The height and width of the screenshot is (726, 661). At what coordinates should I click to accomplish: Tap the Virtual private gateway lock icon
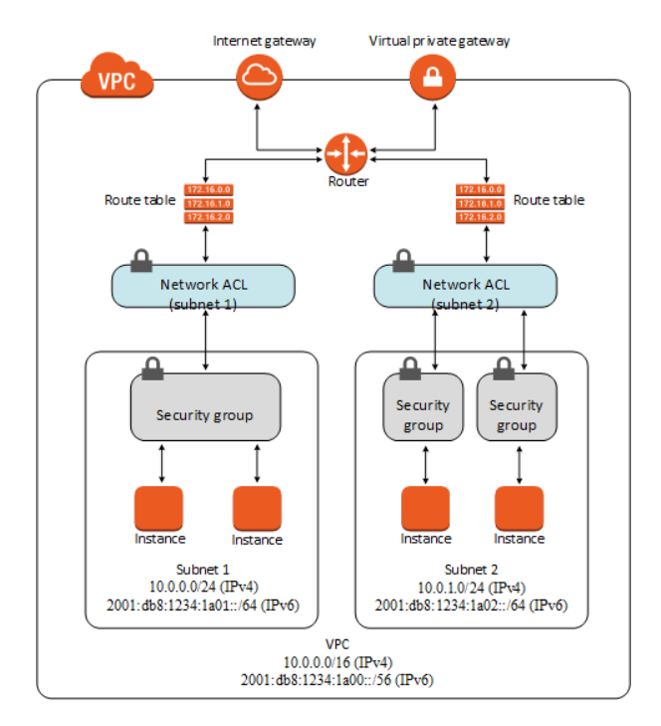(x=434, y=78)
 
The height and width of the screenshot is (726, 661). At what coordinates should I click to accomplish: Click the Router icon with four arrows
(x=346, y=154)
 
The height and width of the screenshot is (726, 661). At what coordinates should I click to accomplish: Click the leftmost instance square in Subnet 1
(x=158, y=508)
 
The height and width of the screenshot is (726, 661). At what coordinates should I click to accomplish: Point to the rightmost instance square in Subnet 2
(x=519, y=508)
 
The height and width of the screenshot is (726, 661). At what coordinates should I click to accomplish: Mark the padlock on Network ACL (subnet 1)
(x=141, y=261)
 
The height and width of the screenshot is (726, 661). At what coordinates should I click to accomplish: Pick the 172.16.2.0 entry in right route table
(x=480, y=216)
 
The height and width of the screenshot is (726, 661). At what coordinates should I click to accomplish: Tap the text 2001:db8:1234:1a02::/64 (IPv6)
(x=472, y=604)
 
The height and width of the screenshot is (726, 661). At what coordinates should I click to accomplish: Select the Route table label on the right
(x=549, y=200)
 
